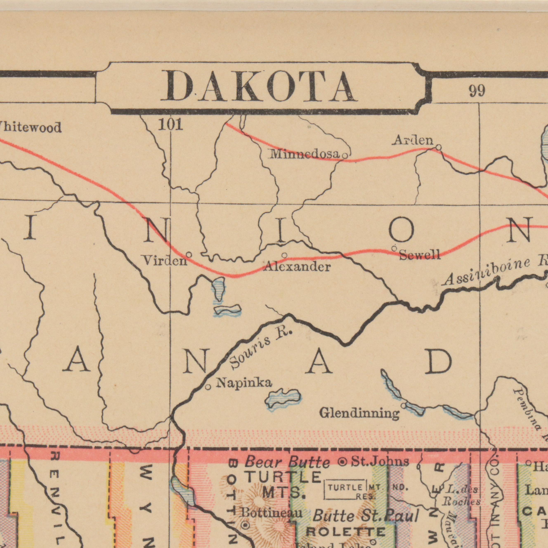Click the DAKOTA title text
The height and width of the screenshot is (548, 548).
click(x=259, y=86)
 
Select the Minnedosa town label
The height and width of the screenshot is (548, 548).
click(x=305, y=155)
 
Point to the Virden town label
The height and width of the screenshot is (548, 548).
click(x=164, y=260)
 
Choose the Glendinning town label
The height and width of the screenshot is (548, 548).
click(x=359, y=413)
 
